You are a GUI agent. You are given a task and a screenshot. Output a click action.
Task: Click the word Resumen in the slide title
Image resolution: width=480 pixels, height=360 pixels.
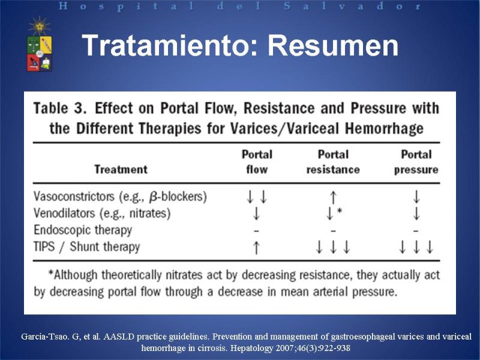333,46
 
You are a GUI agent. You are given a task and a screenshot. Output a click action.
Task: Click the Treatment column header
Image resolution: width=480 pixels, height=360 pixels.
121,169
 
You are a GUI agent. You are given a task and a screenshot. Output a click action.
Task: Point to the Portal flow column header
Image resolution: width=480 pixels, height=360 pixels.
257,162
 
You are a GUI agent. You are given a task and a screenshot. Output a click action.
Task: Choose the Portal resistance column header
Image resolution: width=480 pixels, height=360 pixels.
333,162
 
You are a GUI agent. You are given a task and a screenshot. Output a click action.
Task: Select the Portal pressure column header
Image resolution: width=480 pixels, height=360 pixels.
416,162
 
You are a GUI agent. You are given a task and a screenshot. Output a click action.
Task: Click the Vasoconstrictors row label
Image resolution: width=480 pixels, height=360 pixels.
120,197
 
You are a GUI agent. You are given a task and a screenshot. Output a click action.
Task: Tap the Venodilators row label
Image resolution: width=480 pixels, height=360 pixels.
102,214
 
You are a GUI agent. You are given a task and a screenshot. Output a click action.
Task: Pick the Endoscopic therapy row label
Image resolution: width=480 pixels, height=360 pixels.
83,230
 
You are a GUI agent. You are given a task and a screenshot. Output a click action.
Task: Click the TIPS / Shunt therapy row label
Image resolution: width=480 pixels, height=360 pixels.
86,247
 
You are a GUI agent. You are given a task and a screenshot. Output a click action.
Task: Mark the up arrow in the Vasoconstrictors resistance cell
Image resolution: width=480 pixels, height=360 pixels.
334,197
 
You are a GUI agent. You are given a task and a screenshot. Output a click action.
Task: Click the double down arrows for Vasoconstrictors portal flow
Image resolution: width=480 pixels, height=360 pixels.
257,197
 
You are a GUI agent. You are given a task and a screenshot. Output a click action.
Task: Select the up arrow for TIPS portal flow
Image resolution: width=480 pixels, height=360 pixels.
257,248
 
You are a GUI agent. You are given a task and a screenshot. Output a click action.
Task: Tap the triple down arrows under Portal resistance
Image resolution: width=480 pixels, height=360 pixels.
333,247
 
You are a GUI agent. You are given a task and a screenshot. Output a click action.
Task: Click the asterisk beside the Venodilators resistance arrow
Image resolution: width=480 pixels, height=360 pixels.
340,211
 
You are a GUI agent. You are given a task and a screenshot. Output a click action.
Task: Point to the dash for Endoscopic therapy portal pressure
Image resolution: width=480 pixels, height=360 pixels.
415,231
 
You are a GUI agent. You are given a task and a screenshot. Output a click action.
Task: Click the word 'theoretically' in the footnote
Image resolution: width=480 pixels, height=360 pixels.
131,275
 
